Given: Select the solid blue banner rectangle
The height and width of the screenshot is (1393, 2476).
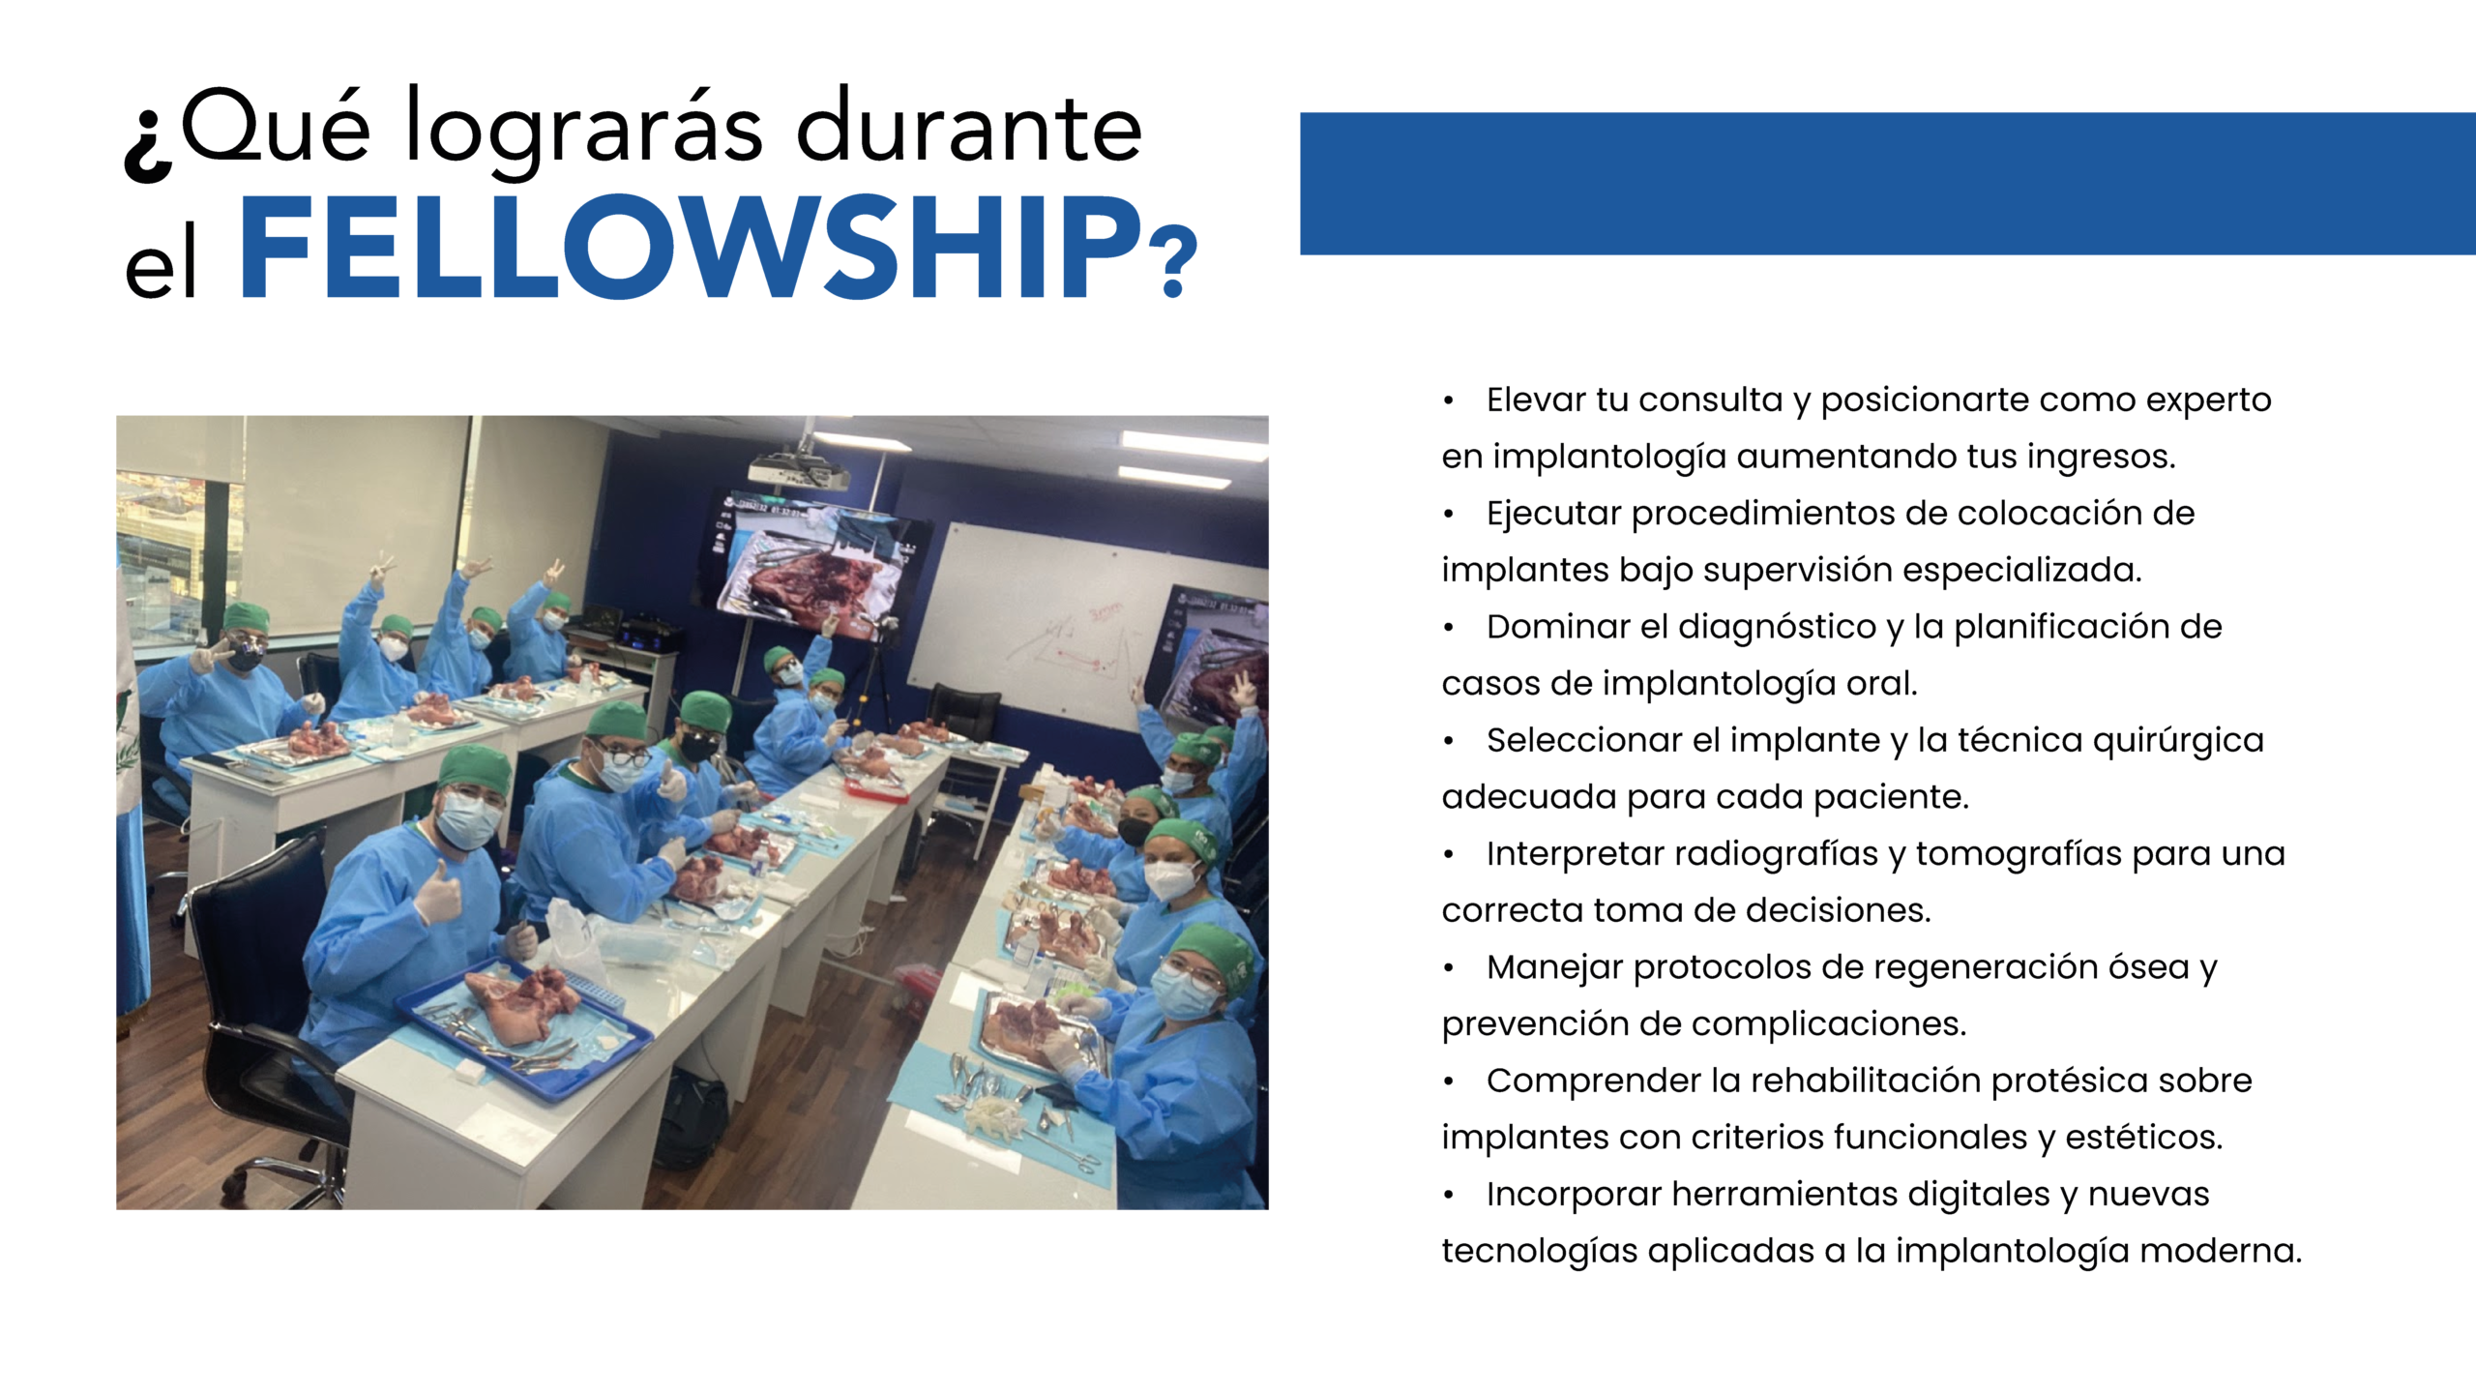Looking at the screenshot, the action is [1887, 184].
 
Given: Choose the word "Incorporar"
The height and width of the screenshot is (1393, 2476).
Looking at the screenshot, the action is [1574, 1195].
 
